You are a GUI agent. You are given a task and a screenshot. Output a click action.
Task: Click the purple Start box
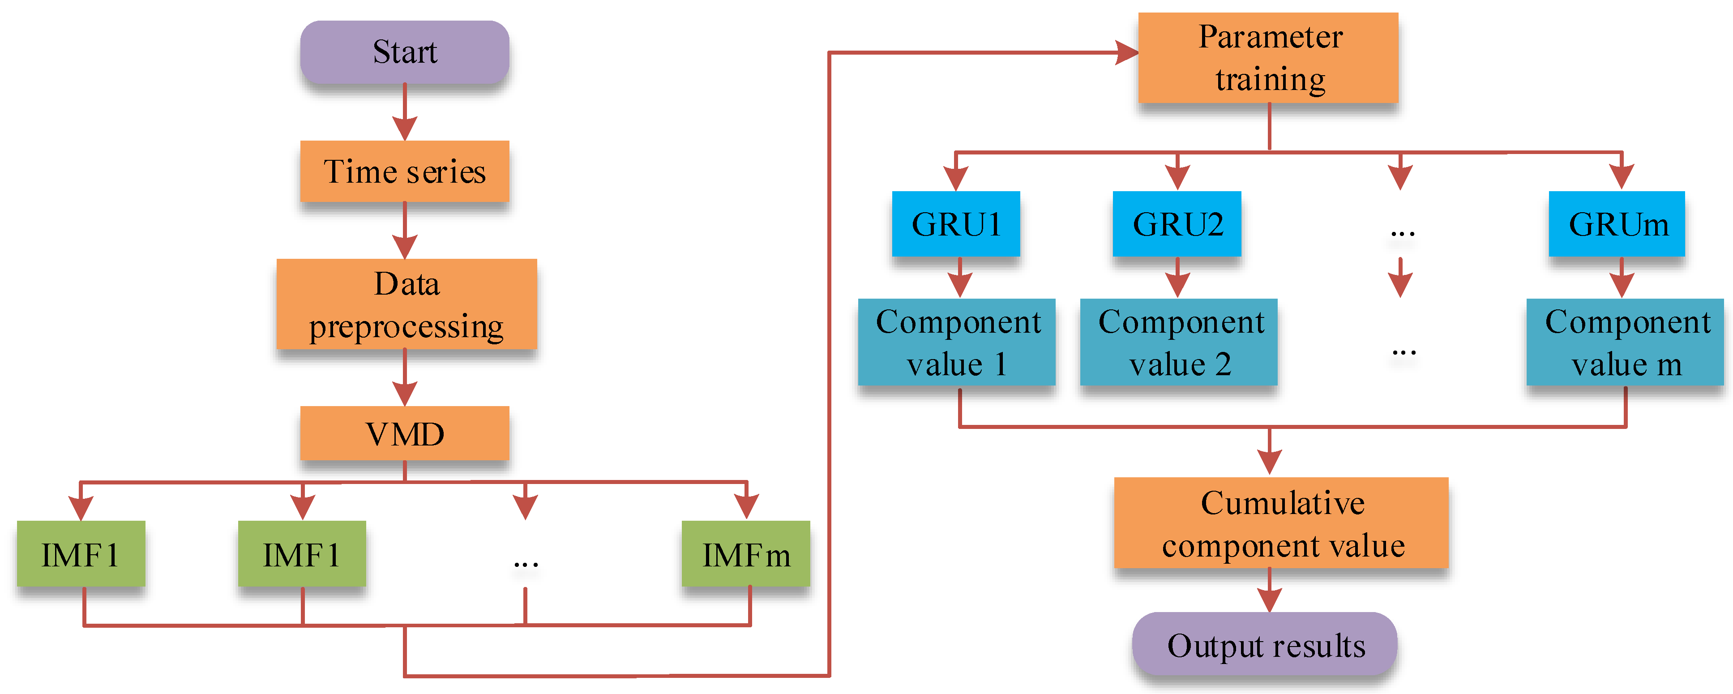404,52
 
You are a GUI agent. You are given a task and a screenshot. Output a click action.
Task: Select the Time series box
404,171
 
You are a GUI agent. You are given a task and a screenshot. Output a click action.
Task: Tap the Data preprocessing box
407,304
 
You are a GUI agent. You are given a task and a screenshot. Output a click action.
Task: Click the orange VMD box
404,433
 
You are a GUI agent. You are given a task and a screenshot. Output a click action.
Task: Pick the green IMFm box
745,554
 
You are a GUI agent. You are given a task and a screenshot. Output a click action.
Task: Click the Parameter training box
1268,58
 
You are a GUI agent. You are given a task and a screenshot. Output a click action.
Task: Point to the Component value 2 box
1178,342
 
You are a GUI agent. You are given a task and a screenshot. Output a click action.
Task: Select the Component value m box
1625,342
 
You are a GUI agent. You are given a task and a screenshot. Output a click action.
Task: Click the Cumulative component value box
1281,523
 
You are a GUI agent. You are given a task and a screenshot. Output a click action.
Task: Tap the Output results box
1265,645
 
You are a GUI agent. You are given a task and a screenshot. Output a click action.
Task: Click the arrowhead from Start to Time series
404,127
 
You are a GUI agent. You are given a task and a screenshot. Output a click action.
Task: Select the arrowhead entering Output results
1269,599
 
